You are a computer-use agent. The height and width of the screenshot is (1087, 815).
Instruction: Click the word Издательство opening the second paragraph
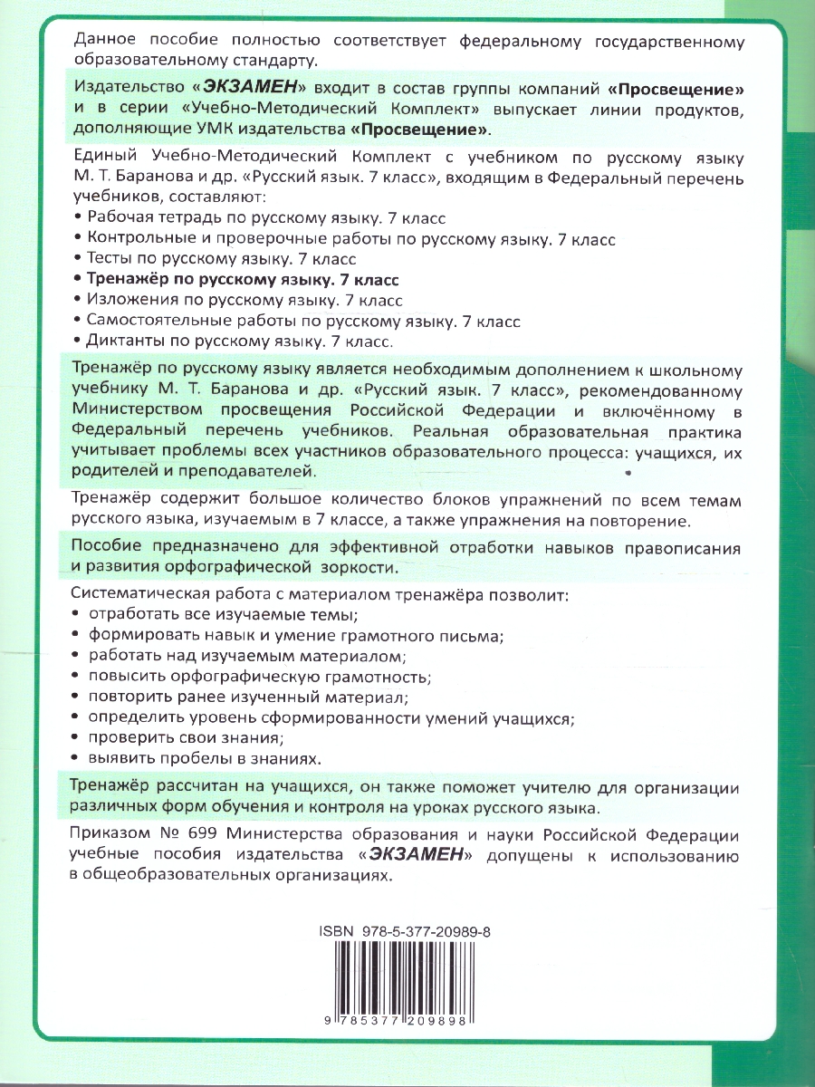coord(126,90)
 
